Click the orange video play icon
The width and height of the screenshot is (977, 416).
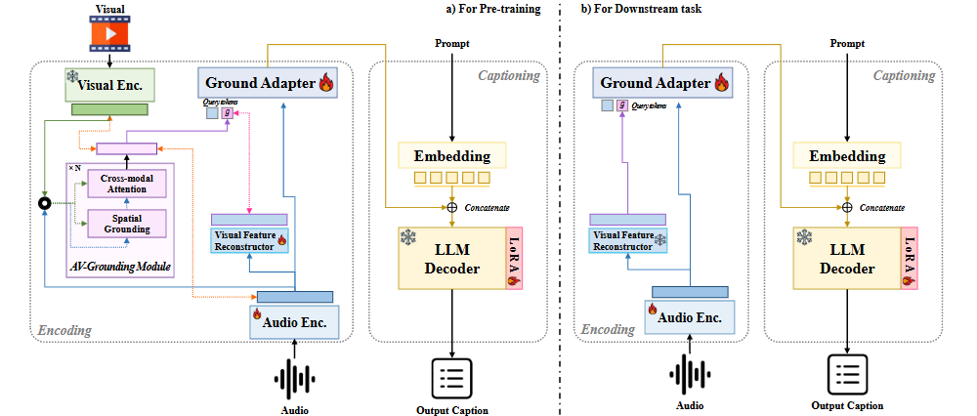(109, 36)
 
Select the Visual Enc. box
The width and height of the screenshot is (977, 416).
(109, 85)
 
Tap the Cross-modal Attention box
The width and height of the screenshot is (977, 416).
(123, 183)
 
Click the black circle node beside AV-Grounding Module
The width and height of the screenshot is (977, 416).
(44, 203)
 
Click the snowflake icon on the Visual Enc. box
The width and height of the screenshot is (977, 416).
(71, 76)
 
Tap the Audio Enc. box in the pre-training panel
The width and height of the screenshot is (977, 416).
(295, 320)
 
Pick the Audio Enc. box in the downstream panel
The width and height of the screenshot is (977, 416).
(689, 315)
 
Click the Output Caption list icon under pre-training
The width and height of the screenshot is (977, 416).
(452, 379)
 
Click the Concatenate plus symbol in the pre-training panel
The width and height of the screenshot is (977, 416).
(452, 207)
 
